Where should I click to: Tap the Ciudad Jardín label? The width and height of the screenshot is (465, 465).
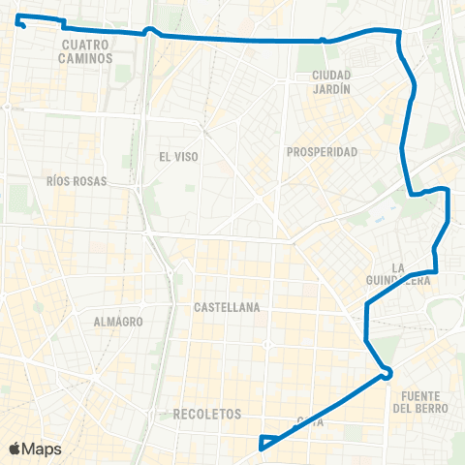325,81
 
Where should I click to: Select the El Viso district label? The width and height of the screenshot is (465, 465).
177,155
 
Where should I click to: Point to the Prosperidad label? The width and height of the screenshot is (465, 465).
323,152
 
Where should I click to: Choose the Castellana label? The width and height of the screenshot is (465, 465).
227,307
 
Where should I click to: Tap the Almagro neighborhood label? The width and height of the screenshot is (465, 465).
119,321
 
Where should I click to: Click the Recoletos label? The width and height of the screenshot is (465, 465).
206,414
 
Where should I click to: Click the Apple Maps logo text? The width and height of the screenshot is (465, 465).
42,449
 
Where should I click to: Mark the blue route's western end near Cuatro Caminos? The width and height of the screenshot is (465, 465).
20,20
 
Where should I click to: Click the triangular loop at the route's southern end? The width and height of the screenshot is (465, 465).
263,443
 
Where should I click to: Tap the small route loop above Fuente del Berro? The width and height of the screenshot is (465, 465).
387,373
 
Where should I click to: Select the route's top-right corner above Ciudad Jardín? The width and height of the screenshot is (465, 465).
398,34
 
